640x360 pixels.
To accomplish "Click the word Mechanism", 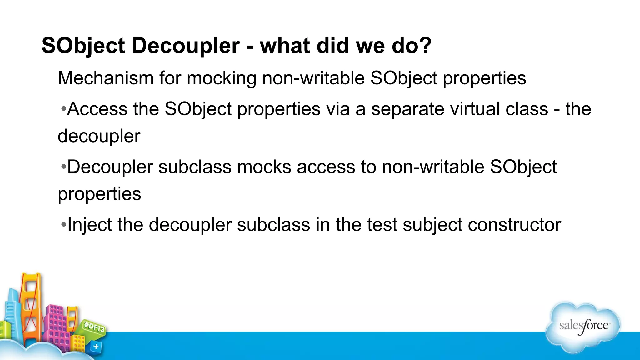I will coord(106,78).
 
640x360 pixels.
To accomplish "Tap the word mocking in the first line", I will coord(222,78).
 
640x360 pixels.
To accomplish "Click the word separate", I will coord(407,109).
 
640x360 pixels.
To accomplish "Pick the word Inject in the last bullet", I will coord(90,225).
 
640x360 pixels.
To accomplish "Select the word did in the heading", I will coord(333,46).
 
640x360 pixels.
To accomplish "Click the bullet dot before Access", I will coord(63,109).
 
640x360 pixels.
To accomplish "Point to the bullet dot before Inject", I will coord(63,225).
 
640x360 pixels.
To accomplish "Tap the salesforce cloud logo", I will coord(583,327).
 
